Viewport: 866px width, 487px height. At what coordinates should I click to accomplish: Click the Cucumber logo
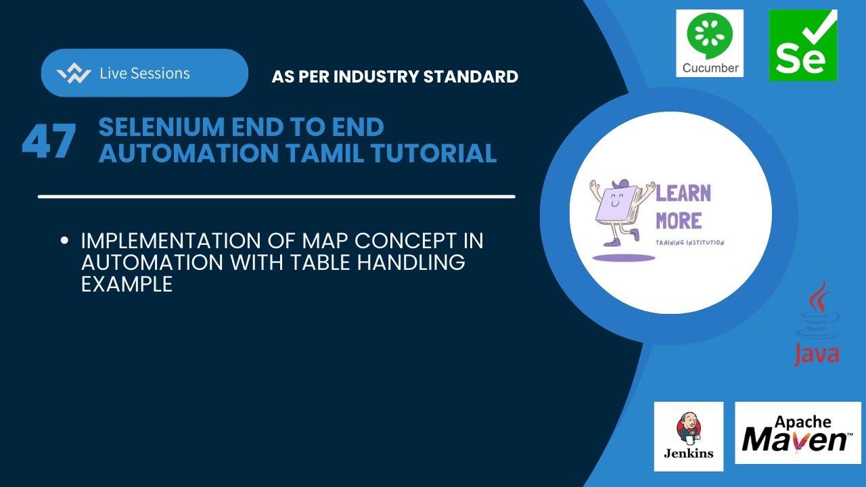click(710, 43)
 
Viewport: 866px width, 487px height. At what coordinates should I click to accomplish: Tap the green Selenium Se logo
click(803, 45)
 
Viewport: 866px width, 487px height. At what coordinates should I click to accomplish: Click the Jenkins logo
click(689, 436)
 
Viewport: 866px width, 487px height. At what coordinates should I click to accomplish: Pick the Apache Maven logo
click(798, 433)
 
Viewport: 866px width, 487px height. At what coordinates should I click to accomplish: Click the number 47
click(49, 141)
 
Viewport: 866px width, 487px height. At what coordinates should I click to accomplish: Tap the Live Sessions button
click(144, 73)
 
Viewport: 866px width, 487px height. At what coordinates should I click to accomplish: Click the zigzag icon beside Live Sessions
click(74, 74)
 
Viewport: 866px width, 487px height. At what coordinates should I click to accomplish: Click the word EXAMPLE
click(127, 284)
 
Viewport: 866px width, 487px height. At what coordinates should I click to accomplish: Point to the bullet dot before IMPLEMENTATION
click(65, 240)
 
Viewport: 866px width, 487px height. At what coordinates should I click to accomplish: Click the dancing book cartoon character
click(617, 215)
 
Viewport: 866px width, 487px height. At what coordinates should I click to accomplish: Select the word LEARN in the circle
click(683, 193)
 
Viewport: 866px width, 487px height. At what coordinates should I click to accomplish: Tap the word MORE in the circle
click(679, 221)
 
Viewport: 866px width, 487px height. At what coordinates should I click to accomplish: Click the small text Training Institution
click(690, 242)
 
